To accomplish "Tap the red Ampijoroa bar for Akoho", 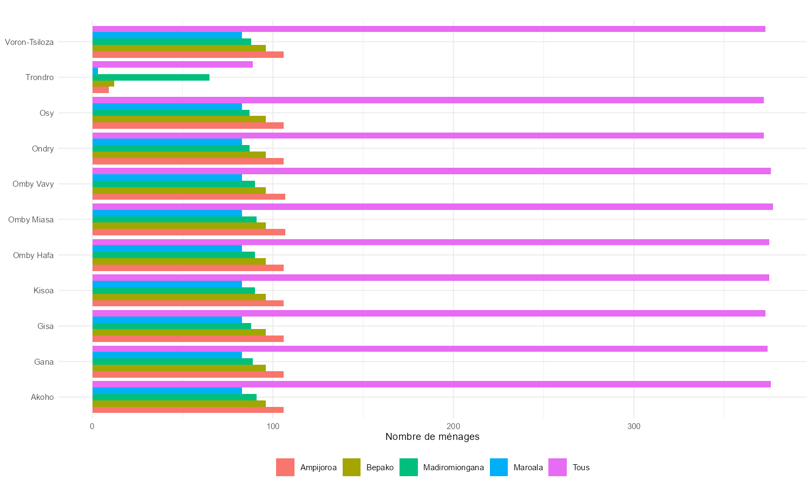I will coord(188,410).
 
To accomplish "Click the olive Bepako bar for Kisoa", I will coord(179,297).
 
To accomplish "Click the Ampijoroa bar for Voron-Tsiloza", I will coord(188,55).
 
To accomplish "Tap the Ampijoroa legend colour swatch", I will coord(285,468).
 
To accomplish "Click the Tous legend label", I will coord(581,468).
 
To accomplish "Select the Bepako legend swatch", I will coord(351,468).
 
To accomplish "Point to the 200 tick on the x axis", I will coord(453,426).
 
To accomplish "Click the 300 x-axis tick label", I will coord(633,426).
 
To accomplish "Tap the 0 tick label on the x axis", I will coord(92,426).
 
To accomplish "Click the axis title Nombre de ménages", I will coord(432,437).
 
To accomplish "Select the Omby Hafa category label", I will coord(33,255).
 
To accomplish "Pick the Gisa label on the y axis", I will coord(45,326).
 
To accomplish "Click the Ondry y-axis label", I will coord(43,149).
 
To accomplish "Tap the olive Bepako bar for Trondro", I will coord(103,83).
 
